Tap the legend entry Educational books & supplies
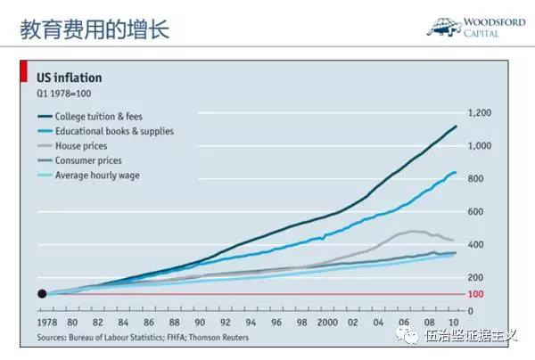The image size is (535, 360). pyautogui.click(x=113, y=131)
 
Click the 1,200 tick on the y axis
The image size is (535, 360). pyautogui.click(x=479, y=113)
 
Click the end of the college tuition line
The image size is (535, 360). pyautogui.click(x=457, y=127)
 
